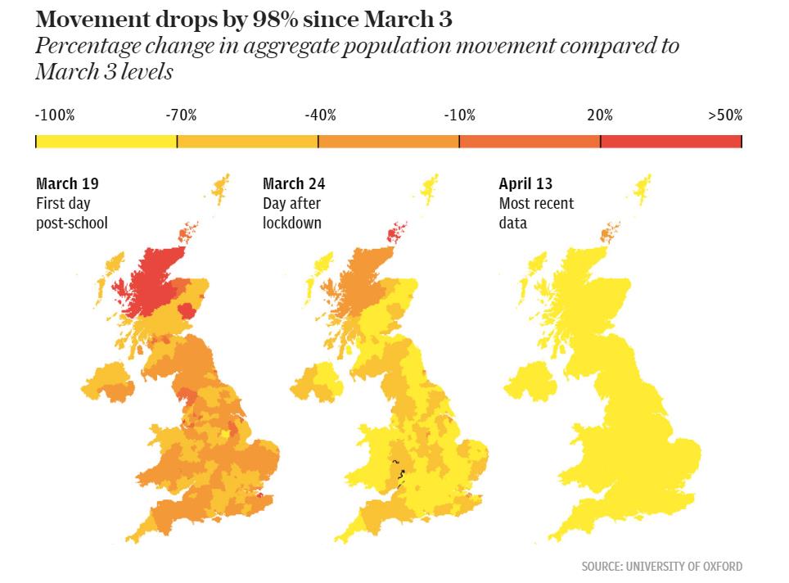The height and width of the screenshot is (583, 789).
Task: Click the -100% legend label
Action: tap(55, 115)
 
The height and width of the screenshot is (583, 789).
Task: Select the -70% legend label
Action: tap(181, 115)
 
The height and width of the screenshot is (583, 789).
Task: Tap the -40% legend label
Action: tap(320, 115)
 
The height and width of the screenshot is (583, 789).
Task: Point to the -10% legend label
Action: tap(459, 115)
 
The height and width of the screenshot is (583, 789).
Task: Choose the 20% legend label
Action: tap(599, 115)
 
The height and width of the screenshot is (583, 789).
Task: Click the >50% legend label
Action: tap(725, 115)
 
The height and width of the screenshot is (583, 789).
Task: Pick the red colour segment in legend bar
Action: tap(670, 142)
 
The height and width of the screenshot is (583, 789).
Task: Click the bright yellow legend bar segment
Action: tap(106, 142)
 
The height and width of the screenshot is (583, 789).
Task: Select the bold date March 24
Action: tap(294, 184)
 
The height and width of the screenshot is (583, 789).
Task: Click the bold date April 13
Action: tap(526, 184)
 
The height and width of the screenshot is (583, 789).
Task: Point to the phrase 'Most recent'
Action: tap(536, 204)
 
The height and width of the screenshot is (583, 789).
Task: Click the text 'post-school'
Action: tap(72, 223)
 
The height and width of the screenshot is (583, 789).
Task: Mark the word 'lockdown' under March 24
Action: tap(292, 223)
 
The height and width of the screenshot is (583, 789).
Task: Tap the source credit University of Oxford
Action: tap(662, 566)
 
